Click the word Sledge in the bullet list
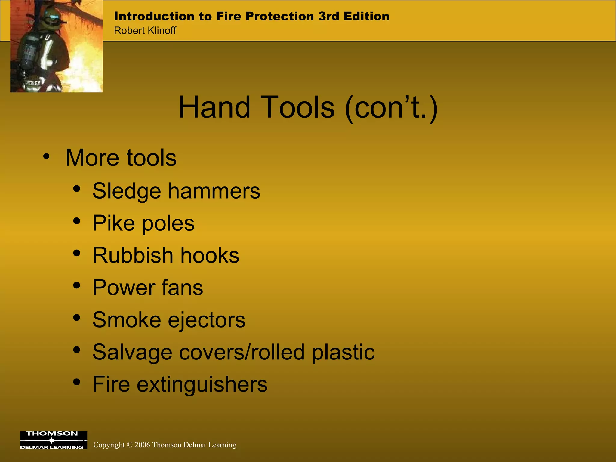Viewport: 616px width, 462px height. (127, 191)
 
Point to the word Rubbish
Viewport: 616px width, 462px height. (133, 255)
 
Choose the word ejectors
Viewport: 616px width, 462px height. (207, 320)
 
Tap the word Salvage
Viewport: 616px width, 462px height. (132, 352)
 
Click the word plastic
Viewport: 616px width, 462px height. (343, 352)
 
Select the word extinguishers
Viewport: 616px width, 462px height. (202, 384)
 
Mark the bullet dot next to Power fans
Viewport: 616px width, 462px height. (77, 285)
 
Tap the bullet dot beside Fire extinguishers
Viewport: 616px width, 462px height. (77, 382)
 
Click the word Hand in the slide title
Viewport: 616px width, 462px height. (214, 107)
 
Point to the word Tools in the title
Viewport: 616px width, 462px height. (299, 107)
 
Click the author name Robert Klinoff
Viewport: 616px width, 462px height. (145, 31)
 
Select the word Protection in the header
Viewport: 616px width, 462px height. (279, 16)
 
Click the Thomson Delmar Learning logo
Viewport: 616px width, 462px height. (54, 440)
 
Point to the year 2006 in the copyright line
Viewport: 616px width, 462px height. (142, 445)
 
